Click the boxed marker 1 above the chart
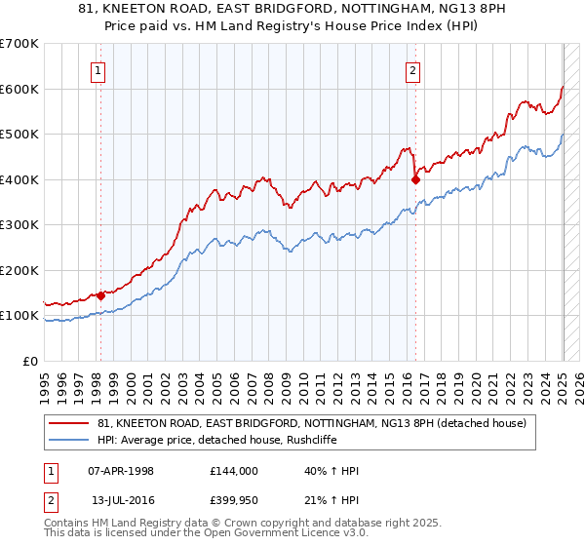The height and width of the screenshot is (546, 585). (99, 69)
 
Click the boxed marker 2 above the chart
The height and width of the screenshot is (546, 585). (413, 69)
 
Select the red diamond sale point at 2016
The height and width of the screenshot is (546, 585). (416, 179)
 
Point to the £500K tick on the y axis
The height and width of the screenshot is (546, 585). (19, 135)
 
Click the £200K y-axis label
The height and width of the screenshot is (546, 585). (19, 270)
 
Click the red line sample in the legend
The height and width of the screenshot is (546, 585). (70, 423)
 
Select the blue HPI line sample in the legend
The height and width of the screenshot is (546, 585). (70, 440)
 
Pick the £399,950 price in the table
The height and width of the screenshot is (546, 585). (233, 500)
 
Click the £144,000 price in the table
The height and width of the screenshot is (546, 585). (233, 471)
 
